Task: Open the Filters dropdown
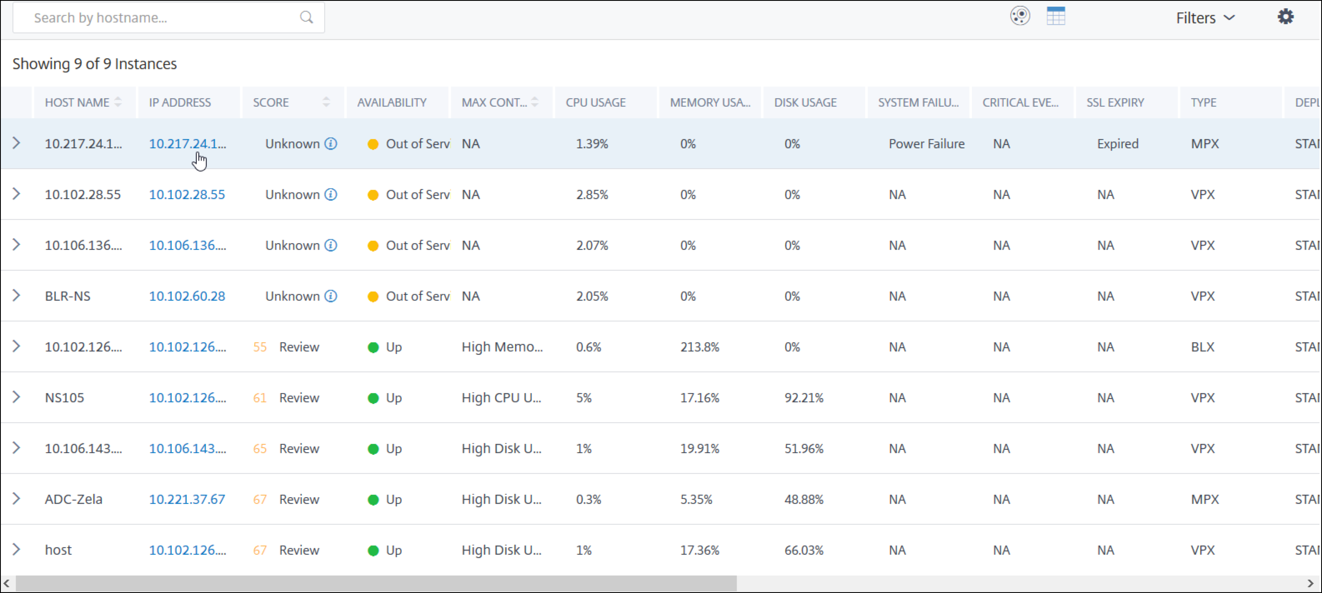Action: [x=1205, y=18]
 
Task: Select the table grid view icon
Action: [x=1056, y=16]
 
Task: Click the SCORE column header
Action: [x=271, y=102]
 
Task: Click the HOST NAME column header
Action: [x=77, y=102]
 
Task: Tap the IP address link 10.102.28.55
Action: [x=187, y=194]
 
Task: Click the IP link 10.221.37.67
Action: [x=187, y=499]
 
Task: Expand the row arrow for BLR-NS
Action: [x=16, y=296]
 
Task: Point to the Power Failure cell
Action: [x=926, y=144]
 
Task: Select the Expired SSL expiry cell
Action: [x=1118, y=144]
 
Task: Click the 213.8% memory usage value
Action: [x=699, y=347]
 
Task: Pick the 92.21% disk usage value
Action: [x=804, y=398]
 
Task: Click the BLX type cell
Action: [x=1202, y=347]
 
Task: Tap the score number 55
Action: [x=260, y=347]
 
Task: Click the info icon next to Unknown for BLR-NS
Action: [x=331, y=296]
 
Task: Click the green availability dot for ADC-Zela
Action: [x=373, y=500]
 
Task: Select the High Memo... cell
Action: [x=502, y=347]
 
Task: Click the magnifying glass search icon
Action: [x=306, y=17]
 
